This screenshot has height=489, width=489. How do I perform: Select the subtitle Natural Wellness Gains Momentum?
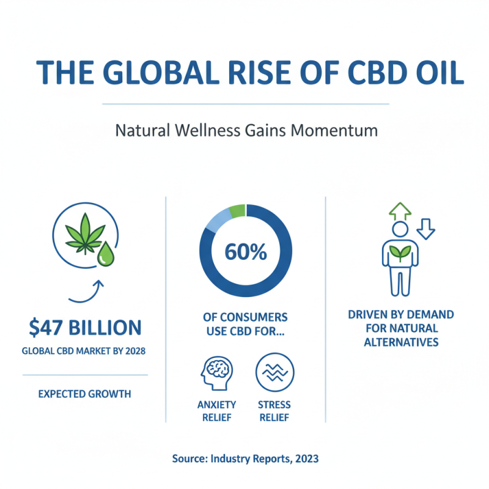coord(246,131)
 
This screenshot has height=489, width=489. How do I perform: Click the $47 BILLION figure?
coord(85,328)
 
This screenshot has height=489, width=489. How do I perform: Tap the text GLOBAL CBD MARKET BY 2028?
coord(85,351)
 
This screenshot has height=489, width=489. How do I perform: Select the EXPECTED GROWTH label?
coord(85,394)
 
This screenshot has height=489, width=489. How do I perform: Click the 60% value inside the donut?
coord(246,252)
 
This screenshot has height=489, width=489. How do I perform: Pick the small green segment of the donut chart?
coord(237,211)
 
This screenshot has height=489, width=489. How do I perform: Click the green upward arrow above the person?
coord(400,210)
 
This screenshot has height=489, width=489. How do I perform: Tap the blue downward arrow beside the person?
coord(425,230)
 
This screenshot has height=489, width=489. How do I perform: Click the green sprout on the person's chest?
coord(400,252)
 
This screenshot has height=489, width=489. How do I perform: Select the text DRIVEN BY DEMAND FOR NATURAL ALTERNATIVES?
coord(401,328)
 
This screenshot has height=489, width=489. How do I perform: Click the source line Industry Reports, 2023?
coord(246,458)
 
